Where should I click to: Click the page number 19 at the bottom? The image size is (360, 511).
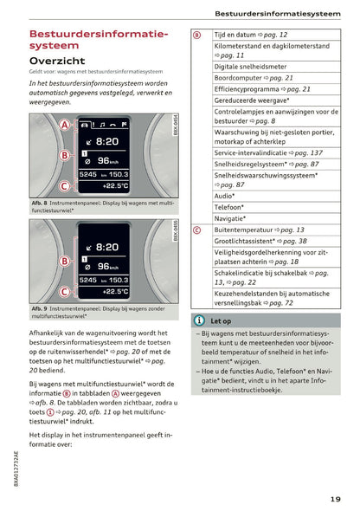point(335,497)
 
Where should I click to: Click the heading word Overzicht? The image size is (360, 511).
point(57,61)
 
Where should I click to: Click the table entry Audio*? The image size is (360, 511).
point(224,197)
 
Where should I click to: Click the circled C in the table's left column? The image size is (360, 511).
point(197,230)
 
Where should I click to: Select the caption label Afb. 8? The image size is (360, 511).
point(40,202)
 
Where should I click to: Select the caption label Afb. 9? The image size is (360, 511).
point(40,308)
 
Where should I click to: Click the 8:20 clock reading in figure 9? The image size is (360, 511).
point(106,247)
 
